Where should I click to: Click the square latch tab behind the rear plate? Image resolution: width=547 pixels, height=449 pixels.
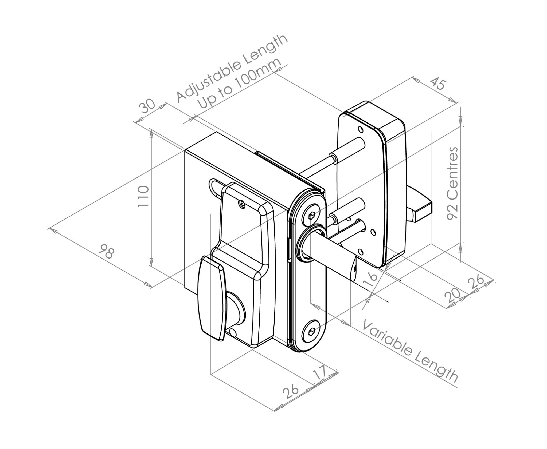click(419, 210)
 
